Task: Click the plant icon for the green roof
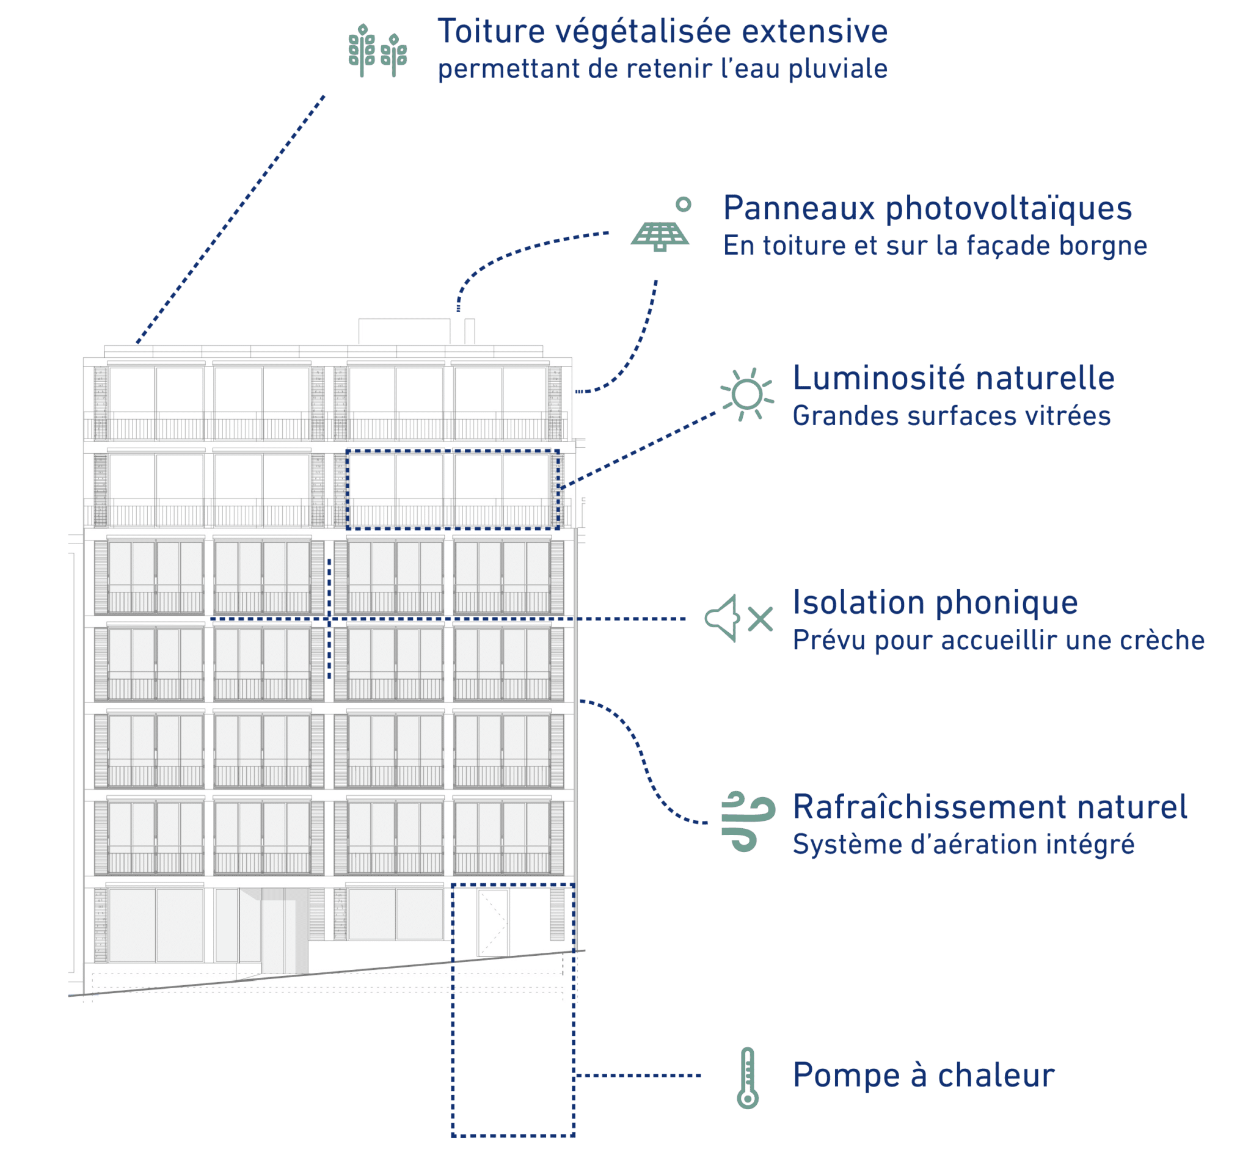click(x=377, y=50)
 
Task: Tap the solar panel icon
click(x=659, y=236)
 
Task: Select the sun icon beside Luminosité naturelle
click(x=746, y=394)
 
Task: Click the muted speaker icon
click(x=739, y=618)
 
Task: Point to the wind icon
click(x=748, y=821)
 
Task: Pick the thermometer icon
click(x=747, y=1078)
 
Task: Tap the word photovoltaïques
click(x=1008, y=209)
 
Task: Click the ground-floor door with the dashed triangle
click(x=492, y=923)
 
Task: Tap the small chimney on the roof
click(x=470, y=331)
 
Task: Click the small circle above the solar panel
click(x=683, y=204)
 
